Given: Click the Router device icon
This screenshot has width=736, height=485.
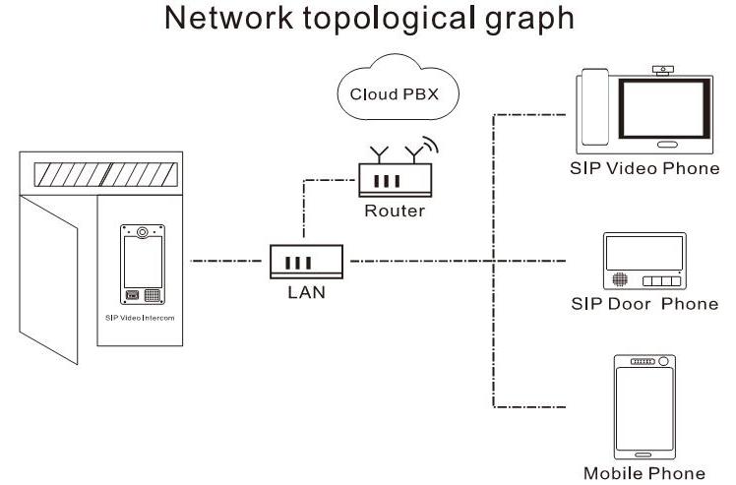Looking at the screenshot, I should click(x=391, y=180).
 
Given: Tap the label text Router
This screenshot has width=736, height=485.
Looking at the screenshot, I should click(x=391, y=211).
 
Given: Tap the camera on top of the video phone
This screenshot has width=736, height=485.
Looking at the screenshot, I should click(x=665, y=70).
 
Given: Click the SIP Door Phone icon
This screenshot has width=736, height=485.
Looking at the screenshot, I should click(x=644, y=262).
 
